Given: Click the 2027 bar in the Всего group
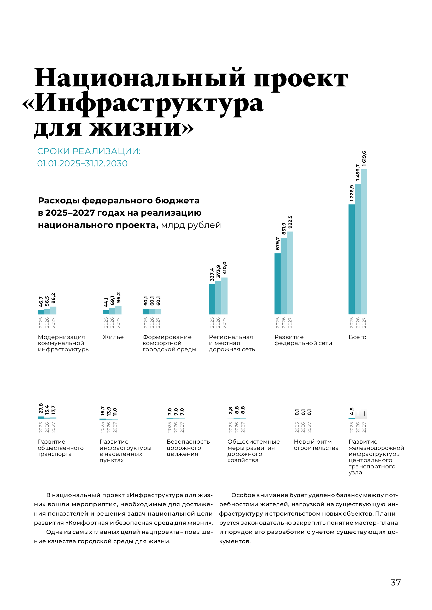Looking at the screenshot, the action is (x=364, y=242).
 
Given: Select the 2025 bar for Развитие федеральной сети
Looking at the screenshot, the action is (x=277, y=284).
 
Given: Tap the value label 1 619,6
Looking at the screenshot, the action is (x=364, y=159).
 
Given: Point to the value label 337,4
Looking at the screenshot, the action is (x=212, y=274).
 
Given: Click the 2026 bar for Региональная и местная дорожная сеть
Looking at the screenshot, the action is (x=218, y=298).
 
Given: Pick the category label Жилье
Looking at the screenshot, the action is (x=113, y=337).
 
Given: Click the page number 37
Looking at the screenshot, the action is (x=395, y=583).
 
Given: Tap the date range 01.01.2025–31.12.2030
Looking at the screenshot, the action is (x=82, y=164).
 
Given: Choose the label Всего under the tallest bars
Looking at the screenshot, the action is (x=358, y=337).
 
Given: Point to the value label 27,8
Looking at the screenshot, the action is (x=41, y=408).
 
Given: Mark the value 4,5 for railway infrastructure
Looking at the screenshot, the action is (x=352, y=411).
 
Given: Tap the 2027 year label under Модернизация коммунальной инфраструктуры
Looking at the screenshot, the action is (x=54, y=323).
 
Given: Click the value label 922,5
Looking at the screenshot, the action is (x=290, y=222).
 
